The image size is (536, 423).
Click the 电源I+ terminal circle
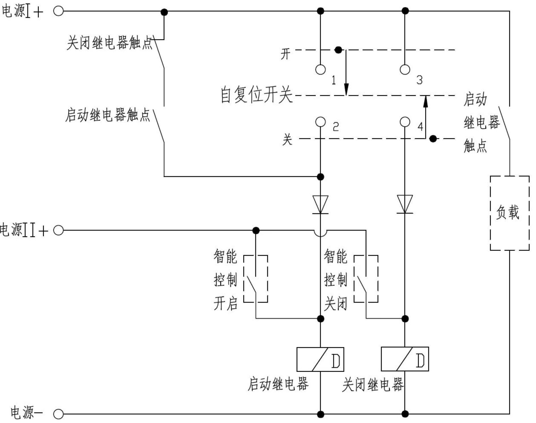pyautogui.click(x=58, y=12)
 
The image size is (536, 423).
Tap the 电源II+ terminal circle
pyautogui.click(x=58, y=230)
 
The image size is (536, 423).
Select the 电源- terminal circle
pyautogui.click(x=58, y=414)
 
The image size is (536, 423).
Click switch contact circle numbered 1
pyautogui.click(x=320, y=69)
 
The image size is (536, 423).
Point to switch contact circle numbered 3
pyautogui.click(x=405, y=69)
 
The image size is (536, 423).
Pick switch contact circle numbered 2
pyautogui.click(x=320, y=122)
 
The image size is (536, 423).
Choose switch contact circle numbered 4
pyautogui.click(x=405, y=122)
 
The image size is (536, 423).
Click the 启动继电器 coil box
pyautogui.click(x=320, y=359)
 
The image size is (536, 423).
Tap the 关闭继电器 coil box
pyautogui.click(x=405, y=359)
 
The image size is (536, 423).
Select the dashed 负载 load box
pyautogui.click(x=509, y=213)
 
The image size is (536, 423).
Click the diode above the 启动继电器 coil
pyautogui.click(x=320, y=204)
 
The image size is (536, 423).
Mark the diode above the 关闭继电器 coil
pyautogui.click(x=405, y=204)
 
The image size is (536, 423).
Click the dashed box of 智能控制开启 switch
pyautogui.click(x=256, y=279)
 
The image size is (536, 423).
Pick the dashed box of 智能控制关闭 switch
pyautogui.click(x=366, y=279)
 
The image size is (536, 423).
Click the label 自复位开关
pyautogui.click(x=256, y=95)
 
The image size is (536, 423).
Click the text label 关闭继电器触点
pyautogui.click(x=109, y=43)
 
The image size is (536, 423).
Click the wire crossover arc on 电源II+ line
pyautogui.click(x=320, y=233)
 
